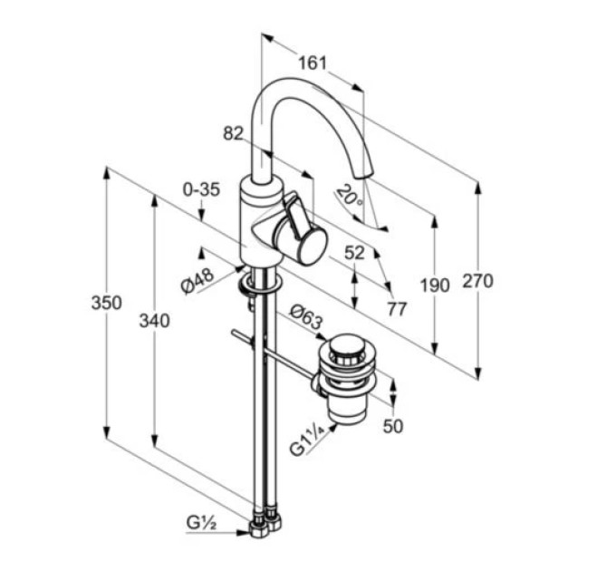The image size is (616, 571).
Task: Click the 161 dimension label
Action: tap(313, 63)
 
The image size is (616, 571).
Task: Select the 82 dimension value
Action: tap(233, 133)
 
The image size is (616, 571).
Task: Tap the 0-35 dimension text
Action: tap(201, 190)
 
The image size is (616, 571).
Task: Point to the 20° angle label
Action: tap(350, 197)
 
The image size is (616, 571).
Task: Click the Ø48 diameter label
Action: tap(197, 280)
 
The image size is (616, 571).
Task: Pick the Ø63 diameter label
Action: tap(306, 317)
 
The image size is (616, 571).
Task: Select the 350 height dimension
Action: tap(107, 303)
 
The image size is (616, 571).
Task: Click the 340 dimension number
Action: tap(154, 321)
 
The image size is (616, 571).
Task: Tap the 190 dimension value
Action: tap(435, 285)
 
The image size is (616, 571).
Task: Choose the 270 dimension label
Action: tap(477, 281)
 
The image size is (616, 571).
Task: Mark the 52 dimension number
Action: tap(354, 253)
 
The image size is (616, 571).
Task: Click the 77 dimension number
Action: tap(397, 310)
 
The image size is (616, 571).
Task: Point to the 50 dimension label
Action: tap(393, 426)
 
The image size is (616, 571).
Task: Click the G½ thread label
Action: tap(201, 523)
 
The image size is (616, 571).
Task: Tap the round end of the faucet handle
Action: tap(313, 247)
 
